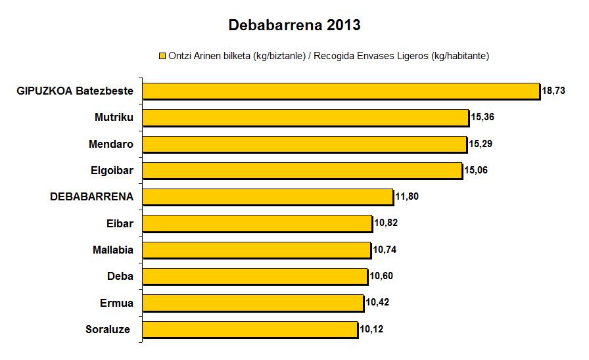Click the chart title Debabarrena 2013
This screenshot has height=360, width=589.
(294, 26)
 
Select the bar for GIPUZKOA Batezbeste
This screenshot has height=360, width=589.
(341, 91)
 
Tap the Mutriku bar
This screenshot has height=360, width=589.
(306, 118)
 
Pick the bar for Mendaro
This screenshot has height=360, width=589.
(305, 144)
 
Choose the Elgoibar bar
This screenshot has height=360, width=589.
(302, 170)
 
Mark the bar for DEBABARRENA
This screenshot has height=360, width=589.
(268, 196)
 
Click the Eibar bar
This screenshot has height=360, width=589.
(258, 223)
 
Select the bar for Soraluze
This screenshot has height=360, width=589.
(250, 328)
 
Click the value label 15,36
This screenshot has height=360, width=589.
(483, 118)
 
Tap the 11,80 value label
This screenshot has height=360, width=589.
(407, 196)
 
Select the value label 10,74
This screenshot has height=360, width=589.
(385, 250)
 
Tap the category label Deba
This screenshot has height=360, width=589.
(120, 276)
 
